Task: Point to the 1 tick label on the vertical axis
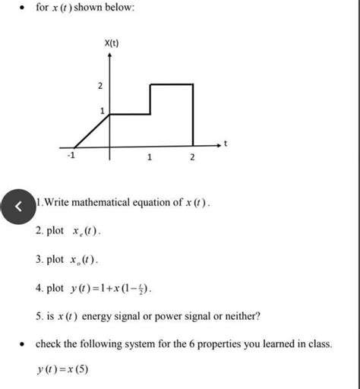coord(101,111)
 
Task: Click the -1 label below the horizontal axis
coord(71,157)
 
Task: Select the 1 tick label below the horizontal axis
coord(150,158)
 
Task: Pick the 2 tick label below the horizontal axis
coord(191,158)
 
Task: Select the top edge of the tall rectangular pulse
coord(171,84)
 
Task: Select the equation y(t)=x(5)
coord(62,371)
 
